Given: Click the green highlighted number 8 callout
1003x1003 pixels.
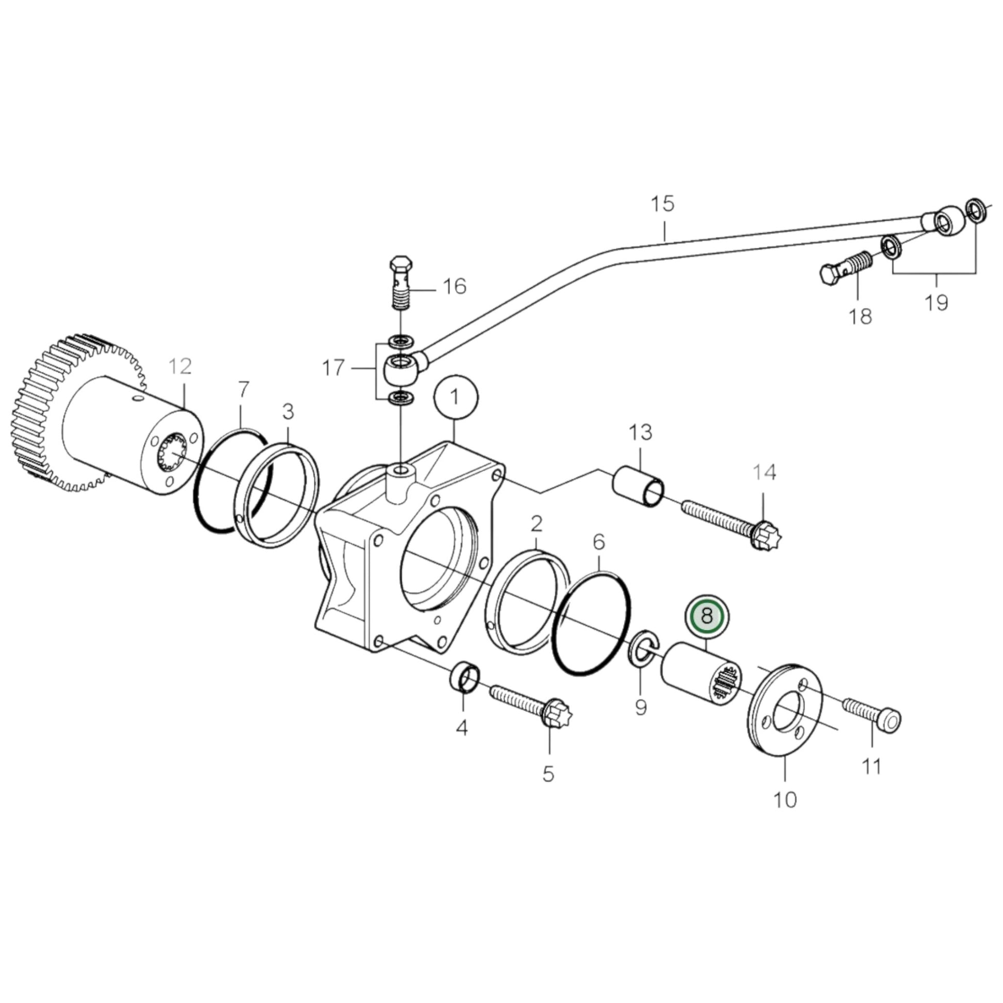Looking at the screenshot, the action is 707,617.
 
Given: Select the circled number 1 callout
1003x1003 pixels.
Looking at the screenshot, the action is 455,397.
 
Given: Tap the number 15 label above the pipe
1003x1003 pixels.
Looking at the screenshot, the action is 663,204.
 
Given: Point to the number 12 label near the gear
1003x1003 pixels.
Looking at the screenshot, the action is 180,366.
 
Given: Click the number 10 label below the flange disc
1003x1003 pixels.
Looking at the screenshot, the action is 784,800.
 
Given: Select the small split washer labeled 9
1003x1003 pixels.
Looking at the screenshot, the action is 643,648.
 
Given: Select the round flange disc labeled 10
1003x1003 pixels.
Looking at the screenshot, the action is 787,717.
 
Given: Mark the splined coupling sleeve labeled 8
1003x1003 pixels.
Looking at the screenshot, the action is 702,676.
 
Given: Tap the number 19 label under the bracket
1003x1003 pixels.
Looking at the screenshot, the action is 936,303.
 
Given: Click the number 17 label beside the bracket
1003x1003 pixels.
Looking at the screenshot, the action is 333,367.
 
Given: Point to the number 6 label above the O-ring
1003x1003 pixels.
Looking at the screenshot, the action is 598,543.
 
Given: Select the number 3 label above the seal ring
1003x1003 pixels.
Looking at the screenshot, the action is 288,412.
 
